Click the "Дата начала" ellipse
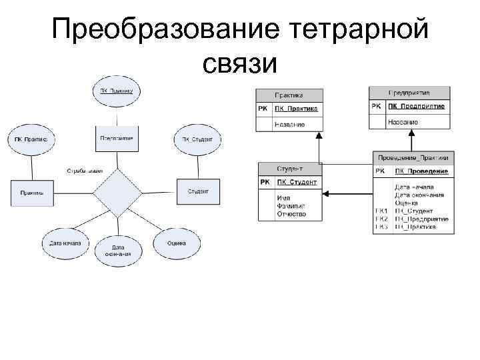pyautogui.click(x=65, y=244)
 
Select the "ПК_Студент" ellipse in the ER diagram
pyautogui.click(x=197, y=140)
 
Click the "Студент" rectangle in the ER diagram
pyautogui.click(x=197, y=191)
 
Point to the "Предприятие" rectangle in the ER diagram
pyautogui.click(x=117, y=139)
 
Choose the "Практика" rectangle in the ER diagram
pyautogui.click(x=32, y=193)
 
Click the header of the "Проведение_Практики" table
pyautogui.click(x=413, y=157)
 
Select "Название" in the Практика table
pyautogui.click(x=289, y=124)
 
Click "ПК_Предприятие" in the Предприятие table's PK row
pyautogui.click(x=417, y=107)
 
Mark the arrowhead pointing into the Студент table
pyautogui.click(x=326, y=195)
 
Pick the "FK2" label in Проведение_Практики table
pyautogui.click(x=381, y=219)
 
